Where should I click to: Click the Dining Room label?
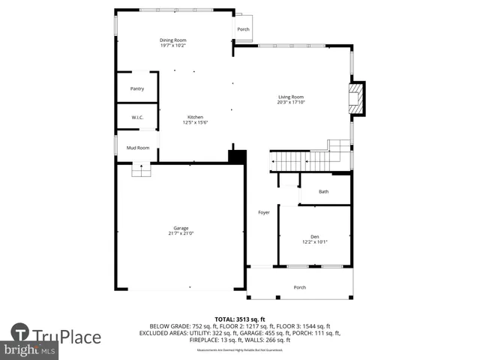[172, 40]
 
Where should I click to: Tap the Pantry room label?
[137, 88]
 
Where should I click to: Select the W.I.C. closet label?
[137, 118]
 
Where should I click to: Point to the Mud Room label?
[137, 148]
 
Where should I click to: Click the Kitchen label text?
[195, 118]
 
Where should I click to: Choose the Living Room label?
[291, 97]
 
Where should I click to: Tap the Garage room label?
[181, 228]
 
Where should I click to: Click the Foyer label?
[264, 212]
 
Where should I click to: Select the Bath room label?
[323, 192]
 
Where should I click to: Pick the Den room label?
[315, 236]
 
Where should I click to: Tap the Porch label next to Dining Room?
[243, 29]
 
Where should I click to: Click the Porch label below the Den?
[299, 287]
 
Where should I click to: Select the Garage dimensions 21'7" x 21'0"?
[181, 233]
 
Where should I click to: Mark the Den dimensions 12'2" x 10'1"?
[315, 241]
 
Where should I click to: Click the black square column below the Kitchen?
[237, 157]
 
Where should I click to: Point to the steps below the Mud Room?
[141, 171]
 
